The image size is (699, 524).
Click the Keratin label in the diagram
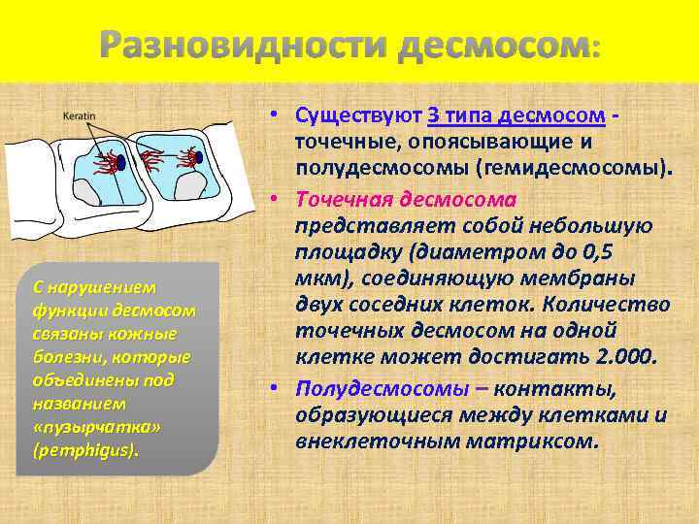79,115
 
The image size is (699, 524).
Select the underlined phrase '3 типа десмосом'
516,116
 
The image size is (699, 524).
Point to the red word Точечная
352,198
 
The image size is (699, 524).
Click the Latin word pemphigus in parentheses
85,450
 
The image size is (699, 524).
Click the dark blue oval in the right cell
200,155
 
